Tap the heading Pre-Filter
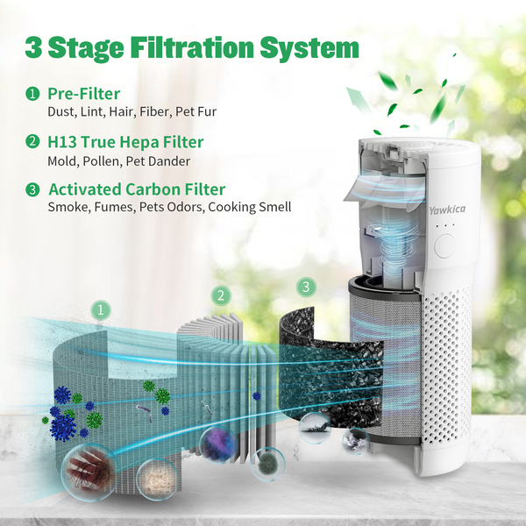83,93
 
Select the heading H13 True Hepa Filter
125,141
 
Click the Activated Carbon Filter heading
137,189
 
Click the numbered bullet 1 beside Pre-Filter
32,94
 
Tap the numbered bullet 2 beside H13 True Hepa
32,142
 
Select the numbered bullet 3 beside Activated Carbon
32,189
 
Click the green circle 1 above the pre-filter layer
102,309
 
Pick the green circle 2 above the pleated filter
221,295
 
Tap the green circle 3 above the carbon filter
305,287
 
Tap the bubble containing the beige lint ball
156,475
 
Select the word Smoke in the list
66,208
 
